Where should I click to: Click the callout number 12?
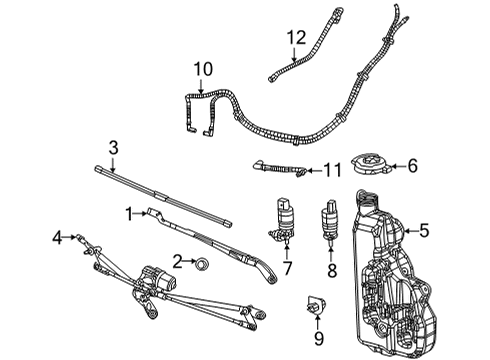296,38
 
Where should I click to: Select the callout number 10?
203,70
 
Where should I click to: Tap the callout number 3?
113,148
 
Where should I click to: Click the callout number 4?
57,237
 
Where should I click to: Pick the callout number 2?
177,262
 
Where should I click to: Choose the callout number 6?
413,167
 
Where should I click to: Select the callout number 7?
287,268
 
